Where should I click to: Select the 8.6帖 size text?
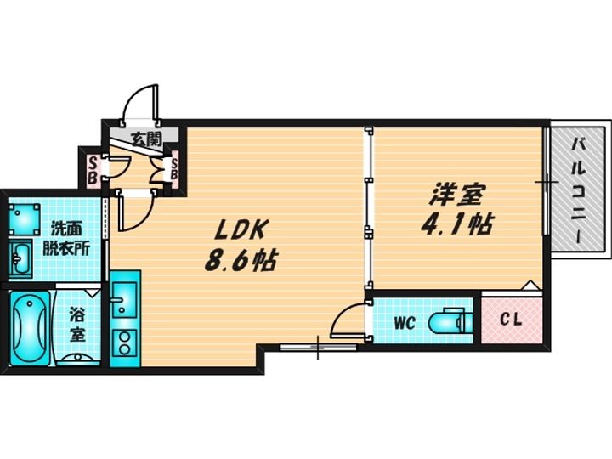coord(241,261)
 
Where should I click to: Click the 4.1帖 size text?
coord(456,224)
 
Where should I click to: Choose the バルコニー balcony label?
coord(579,191)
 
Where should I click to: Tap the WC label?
coord(404,323)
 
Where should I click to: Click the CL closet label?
coord(512,320)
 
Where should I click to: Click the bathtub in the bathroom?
coord(29,328)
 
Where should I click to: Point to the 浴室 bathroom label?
coord(78,325)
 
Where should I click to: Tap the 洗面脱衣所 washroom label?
coord(66,239)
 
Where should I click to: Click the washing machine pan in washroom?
coord(24,219)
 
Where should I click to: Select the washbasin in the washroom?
coord(20,258)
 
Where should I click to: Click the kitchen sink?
coord(124,300)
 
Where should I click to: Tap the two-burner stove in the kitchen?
coord(124,343)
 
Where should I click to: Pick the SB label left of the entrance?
coord(92,170)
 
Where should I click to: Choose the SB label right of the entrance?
coord(174,168)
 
